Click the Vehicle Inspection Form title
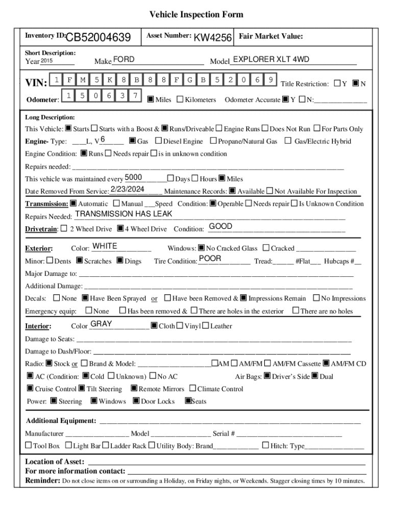tap(196, 15)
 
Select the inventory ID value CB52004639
tap(99, 37)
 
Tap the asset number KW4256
tap(213, 38)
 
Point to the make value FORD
tap(124, 60)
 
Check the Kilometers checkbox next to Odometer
tap(180, 100)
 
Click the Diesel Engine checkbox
tap(158, 141)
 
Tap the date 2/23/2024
tap(128, 189)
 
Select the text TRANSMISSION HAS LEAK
tap(124, 214)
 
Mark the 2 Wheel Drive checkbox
tap(64, 229)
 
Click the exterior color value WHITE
tap(105, 246)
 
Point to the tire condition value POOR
tap(210, 258)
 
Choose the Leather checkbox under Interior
tap(205, 326)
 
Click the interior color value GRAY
tap(101, 324)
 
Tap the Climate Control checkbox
tap(193, 389)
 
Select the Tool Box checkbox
tap(29, 445)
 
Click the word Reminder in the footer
tap(43, 481)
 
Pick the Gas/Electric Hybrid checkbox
tap(288, 141)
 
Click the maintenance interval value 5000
tap(133, 177)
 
